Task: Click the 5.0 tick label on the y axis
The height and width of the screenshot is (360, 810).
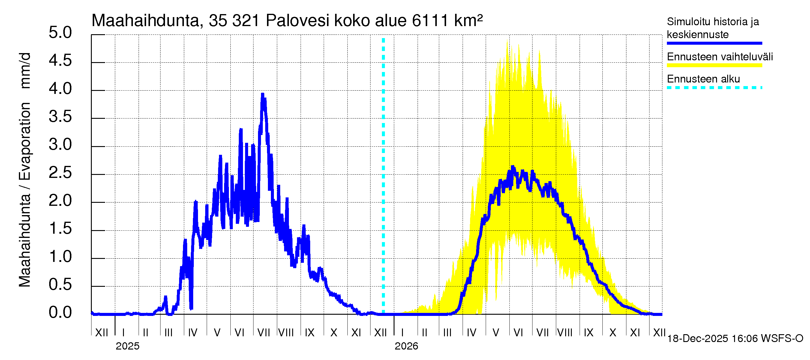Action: [x=60, y=33]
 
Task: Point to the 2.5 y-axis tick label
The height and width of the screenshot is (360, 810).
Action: [x=60, y=173]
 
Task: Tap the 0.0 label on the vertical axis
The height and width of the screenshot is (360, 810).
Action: [x=60, y=313]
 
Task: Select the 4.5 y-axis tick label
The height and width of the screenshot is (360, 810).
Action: [x=60, y=60]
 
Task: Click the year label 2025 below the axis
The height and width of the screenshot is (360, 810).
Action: [x=127, y=346]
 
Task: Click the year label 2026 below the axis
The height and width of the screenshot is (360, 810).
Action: [x=406, y=346]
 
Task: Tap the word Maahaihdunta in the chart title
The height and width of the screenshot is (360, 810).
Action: [x=145, y=21]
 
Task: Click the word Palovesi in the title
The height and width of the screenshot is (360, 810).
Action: [x=298, y=21]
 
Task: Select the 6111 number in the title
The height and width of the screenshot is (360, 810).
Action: [x=430, y=21]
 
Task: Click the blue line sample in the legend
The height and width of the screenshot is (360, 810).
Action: [x=714, y=43]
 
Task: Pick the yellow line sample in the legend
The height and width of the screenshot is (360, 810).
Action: [x=714, y=65]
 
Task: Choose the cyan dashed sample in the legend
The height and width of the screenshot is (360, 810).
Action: [x=714, y=88]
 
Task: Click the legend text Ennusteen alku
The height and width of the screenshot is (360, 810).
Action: [x=703, y=79]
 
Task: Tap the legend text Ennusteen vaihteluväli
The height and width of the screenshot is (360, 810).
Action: [x=720, y=57]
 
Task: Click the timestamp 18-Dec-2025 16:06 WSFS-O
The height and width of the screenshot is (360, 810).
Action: [x=735, y=339]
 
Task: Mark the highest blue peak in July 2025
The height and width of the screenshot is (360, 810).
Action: [x=262, y=94]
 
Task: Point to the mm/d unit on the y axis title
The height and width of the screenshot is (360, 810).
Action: [x=25, y=71]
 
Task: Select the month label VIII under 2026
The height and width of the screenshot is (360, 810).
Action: [x=564, y=333]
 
